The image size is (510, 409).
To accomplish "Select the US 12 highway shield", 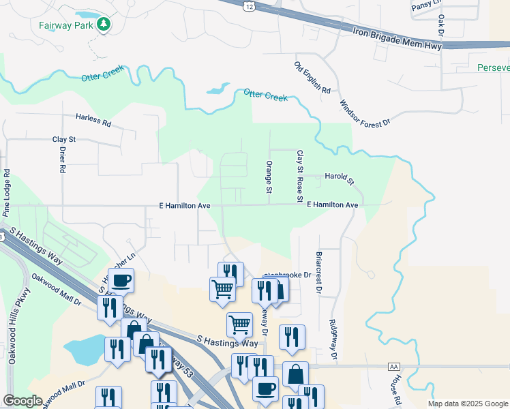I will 250,6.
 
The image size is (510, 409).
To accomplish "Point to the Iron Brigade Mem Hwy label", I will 398,37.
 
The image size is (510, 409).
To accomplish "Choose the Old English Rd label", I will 312,78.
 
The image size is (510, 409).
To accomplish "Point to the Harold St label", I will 340,178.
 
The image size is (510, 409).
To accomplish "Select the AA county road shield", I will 393,366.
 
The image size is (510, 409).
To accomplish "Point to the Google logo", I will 22,400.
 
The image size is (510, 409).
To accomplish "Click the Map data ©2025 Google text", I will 468,404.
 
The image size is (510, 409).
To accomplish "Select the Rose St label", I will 299,190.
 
